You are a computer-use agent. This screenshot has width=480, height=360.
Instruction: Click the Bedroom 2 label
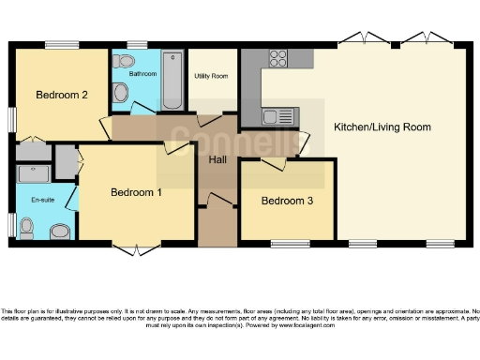62,95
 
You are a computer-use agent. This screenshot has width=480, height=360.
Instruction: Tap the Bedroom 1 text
136,193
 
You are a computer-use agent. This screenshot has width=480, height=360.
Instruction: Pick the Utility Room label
211,75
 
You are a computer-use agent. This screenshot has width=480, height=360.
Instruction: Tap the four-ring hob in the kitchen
277,57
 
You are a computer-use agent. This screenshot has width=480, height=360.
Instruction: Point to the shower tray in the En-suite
34,173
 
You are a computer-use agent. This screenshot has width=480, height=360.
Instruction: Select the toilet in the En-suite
27,227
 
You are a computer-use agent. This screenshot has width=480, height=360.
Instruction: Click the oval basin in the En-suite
60,231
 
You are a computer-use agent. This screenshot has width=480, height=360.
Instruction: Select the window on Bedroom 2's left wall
11,119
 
